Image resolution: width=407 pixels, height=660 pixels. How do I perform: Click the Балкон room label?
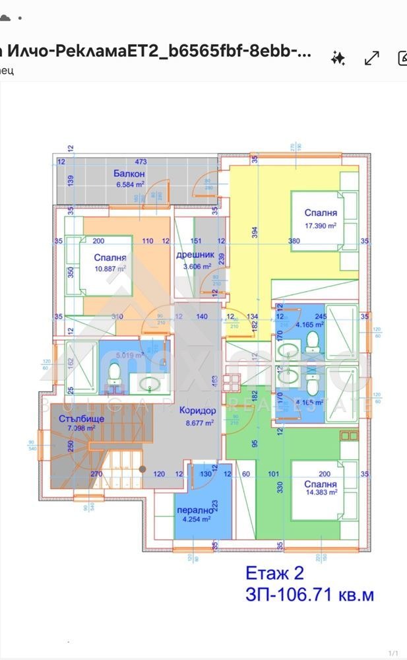pos(129,174)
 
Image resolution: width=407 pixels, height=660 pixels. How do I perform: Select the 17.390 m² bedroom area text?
pos(321,225)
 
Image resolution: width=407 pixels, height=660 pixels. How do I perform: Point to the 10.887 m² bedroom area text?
pos(110,269)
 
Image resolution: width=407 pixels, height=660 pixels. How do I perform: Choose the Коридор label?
pos(196,409)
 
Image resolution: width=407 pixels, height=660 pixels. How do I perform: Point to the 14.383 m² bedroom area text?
pos(321,491)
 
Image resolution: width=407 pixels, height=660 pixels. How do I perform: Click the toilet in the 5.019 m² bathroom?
pos(114,374)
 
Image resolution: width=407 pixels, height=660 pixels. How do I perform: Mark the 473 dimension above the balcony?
pos(140,161)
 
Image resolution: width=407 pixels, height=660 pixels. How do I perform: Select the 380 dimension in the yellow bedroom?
pos(294,241)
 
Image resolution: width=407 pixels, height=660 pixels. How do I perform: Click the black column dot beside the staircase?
pos(142,469)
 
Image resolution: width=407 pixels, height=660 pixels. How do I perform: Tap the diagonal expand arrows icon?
pos(371,58)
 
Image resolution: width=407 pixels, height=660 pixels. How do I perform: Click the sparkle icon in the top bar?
pos(338,58)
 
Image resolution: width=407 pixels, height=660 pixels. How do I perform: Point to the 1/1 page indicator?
pos(393,653)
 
